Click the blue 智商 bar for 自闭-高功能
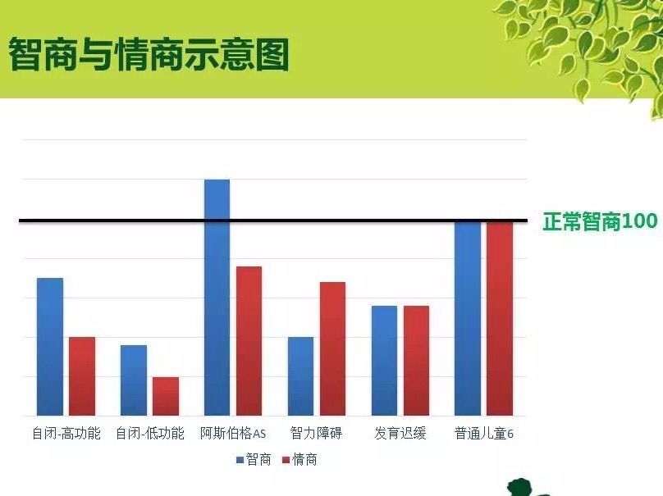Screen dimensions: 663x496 tap(50, 347)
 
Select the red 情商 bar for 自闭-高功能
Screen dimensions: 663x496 tap(82, 376)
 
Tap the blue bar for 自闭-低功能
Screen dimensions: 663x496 tap(134, 380)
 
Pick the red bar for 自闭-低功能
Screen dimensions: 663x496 tap(166, 396)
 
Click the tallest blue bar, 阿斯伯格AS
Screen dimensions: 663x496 tap(217, 298)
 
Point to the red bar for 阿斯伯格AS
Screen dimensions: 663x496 tap(249, 341)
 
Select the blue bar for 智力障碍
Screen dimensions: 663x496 tap(300, 376)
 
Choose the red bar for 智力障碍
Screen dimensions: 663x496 tap(333, 349)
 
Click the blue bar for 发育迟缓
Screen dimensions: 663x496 tap(384, 361)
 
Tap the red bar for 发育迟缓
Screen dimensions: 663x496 tap(417, 361)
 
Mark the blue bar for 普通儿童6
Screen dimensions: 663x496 tap(468, 318)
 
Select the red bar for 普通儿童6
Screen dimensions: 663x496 tap(500, 318)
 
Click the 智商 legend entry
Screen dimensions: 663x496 tap(254, 460)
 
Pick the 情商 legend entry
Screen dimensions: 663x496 tap(299, 460)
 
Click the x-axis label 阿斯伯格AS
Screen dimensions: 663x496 tap(233, 434)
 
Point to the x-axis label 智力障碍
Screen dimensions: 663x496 tap(316, 434)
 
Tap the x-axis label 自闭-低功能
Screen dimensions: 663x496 tap(150, 434)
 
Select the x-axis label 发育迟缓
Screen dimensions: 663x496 tap(400, 434)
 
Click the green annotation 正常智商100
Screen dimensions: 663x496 tap(600, 221)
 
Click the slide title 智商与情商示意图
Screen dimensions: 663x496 tap(149, 54)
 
